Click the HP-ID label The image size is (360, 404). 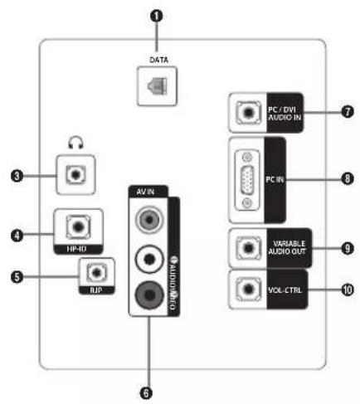(77, 246)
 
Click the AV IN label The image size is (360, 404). (149, 191)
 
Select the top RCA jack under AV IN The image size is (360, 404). (149, 221)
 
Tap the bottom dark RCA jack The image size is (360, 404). (149, 293)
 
